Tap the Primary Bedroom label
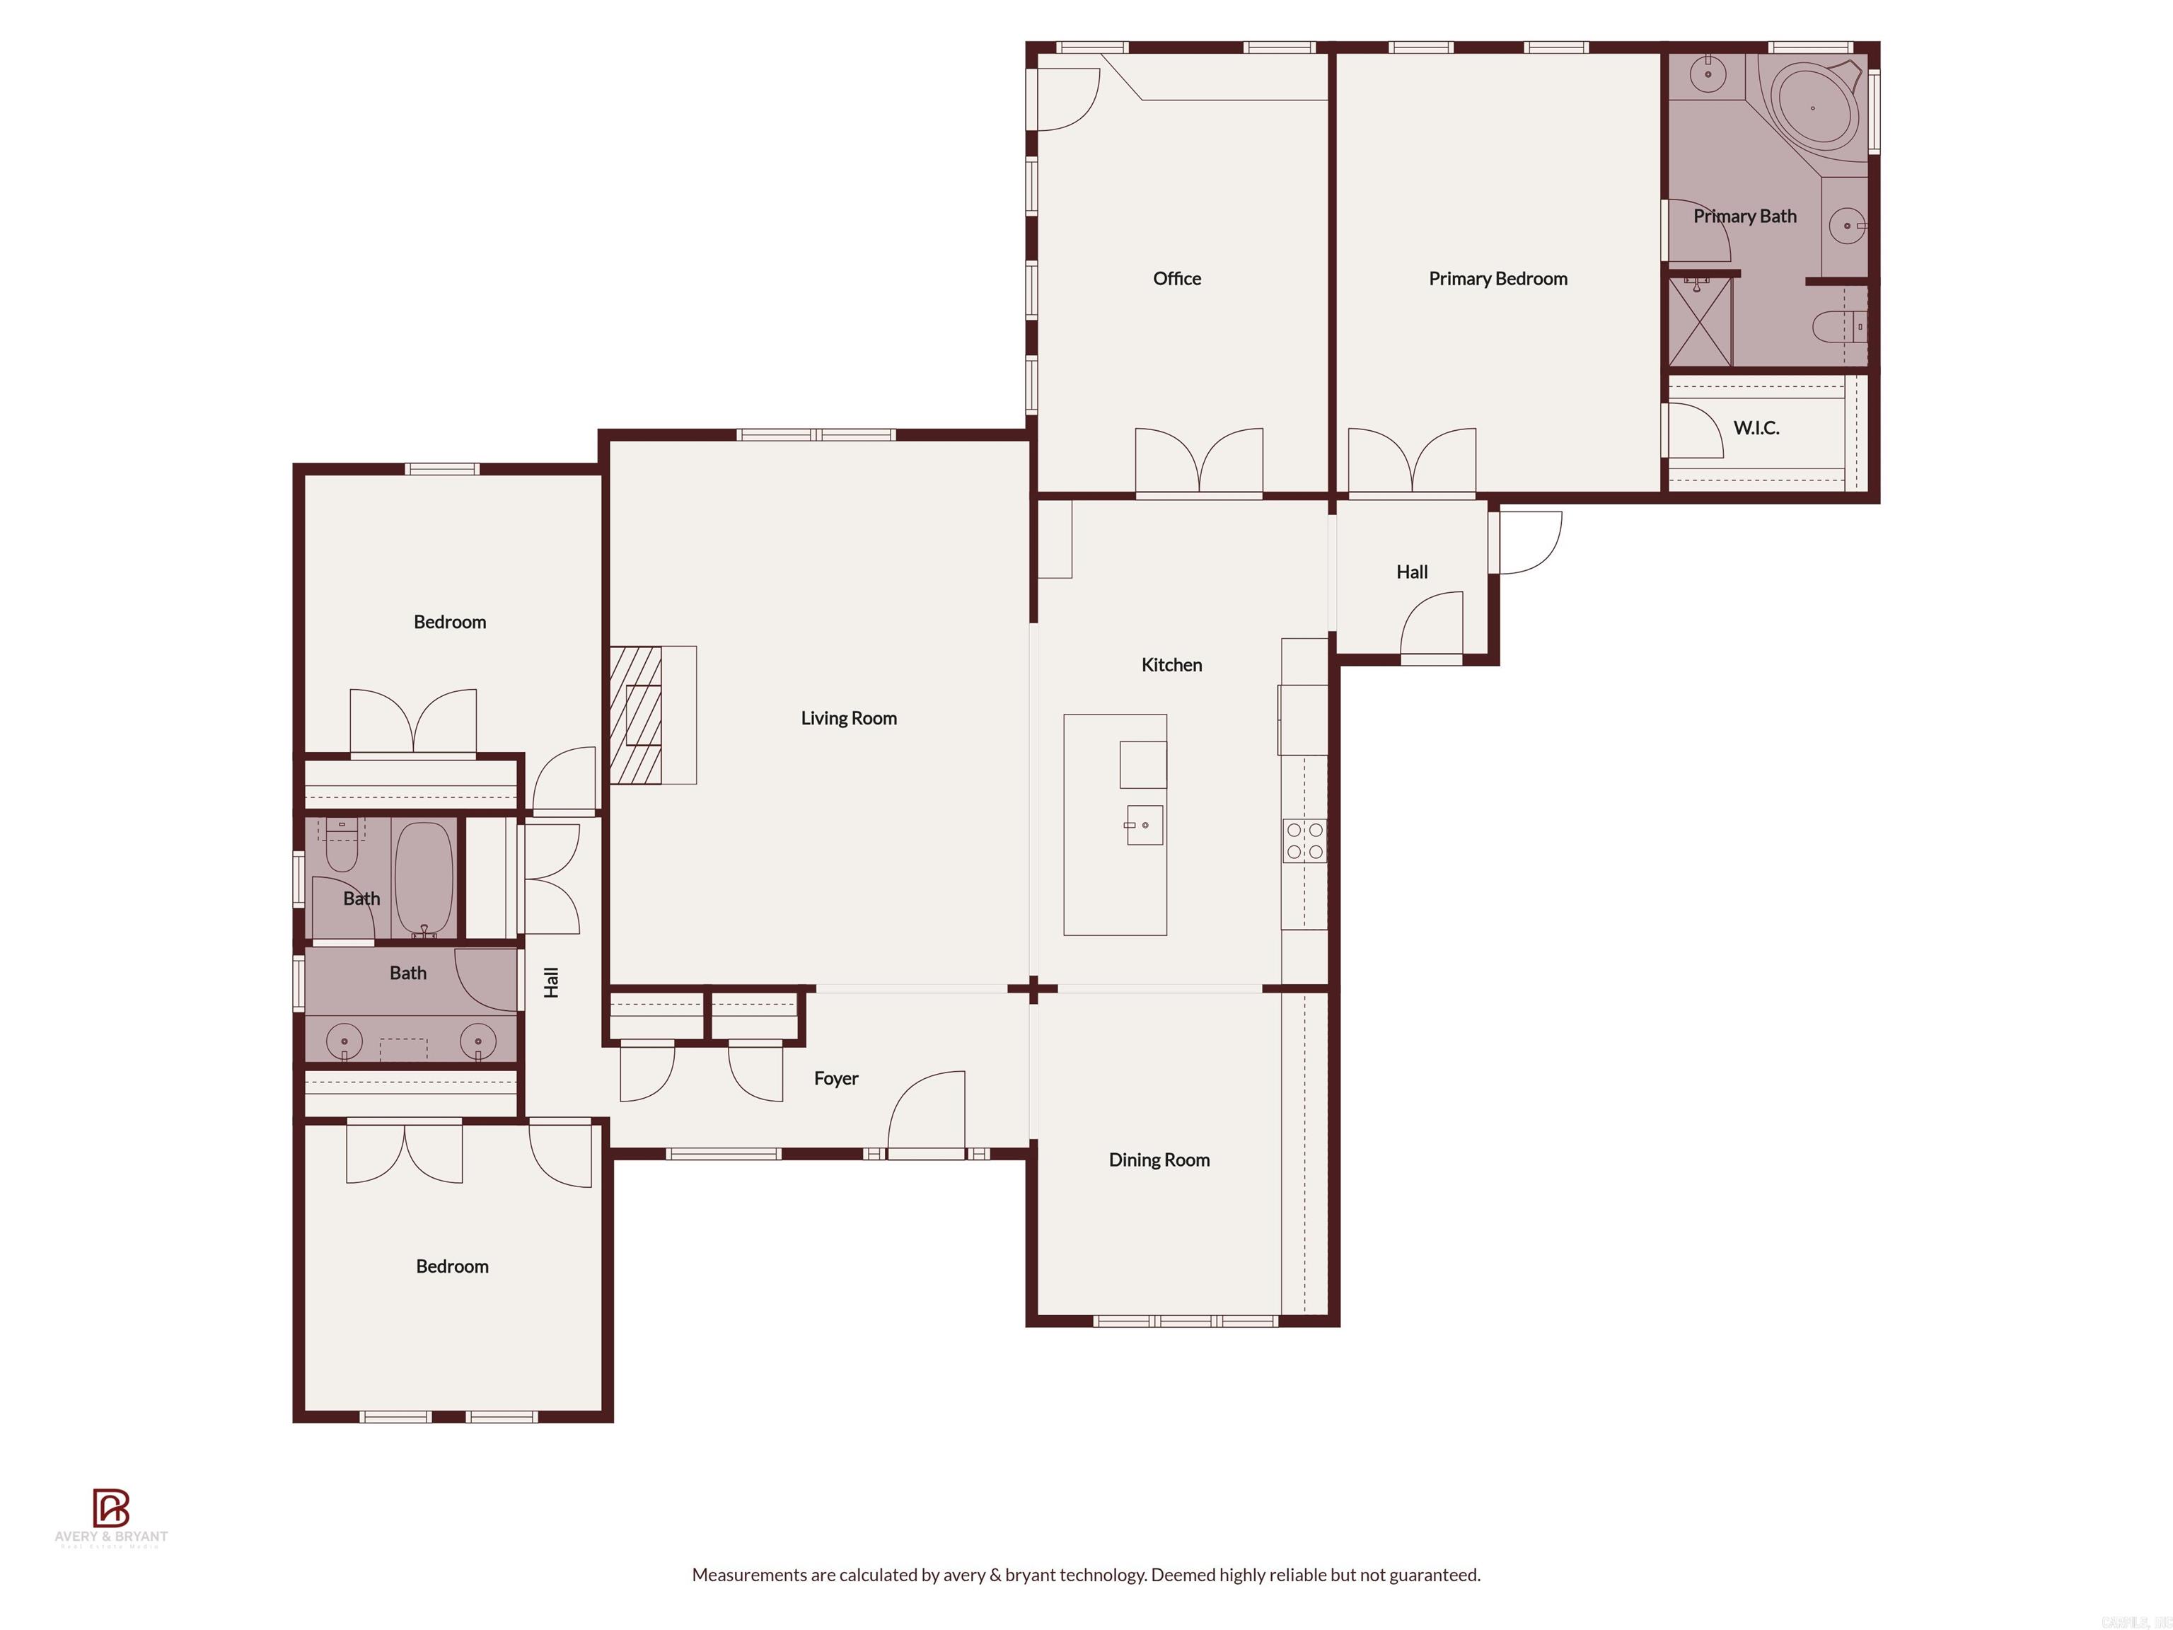point(1497,279)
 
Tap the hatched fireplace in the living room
point(637,715)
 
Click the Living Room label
point(848,718)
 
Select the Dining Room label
point(1158,1160)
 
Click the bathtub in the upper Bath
point(424,877)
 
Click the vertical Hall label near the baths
point(551,981)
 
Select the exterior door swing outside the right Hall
point(1529,543)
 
